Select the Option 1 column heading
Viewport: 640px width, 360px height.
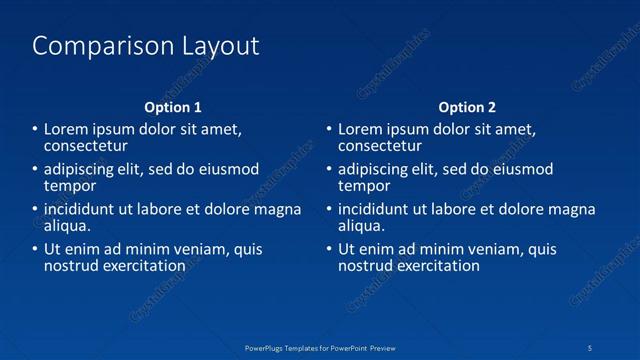[x=173, y=107]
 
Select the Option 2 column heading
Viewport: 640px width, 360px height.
[x=467, y=107]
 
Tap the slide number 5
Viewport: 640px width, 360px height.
[x=591, y=347]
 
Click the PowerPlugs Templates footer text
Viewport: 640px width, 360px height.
[x=320, y=347]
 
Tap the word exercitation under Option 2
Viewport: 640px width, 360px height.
[x=439, y=266]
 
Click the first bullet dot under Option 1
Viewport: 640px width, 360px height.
[x=34, y=129]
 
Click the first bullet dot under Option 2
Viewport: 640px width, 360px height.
[x=328, y=129]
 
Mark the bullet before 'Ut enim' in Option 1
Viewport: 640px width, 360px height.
[x=34, y=250]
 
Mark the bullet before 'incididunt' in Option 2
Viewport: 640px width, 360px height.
[x=328, y=210]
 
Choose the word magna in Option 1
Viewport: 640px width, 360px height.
[x=279, y=210]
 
